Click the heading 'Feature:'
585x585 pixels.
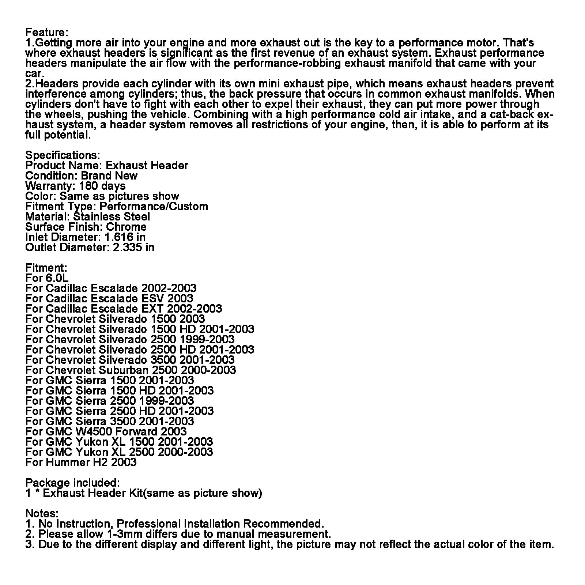pyautogui.click(x=47, y=33)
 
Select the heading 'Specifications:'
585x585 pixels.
pyautogui.click(x=63, y=155)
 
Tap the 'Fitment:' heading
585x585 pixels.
pyautogui.click(x=46, y=268)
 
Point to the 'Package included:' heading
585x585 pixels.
pyautogui.click(x=72, y=483)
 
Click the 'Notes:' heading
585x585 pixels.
pyautogui.click(x=42, y=513)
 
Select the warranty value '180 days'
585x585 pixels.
pyautogui.click(x=102, y=186)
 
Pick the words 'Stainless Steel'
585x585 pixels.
pyautogui.click(x=112, y=216)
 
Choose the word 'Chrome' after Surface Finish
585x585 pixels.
pyautogui.click(x=126, y=227)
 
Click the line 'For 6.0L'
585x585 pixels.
pyautogui.click(x=47, y=278)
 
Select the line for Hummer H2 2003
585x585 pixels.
pyautogui.click(x=81, y=462)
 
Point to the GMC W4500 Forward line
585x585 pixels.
pyautogui.click(x=106, y=431)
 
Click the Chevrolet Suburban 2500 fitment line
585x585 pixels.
pyautogui.click(x=131, y=370)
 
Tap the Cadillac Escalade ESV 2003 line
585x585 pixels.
pyautogui.click(x=109, y=298)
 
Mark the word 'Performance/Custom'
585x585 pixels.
pyautogui.click(x=154, y=206)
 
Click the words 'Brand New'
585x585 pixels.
pyautogui.click(x=109, y=175)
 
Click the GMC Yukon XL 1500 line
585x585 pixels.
pyautogui.click(x=119, y=442)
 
